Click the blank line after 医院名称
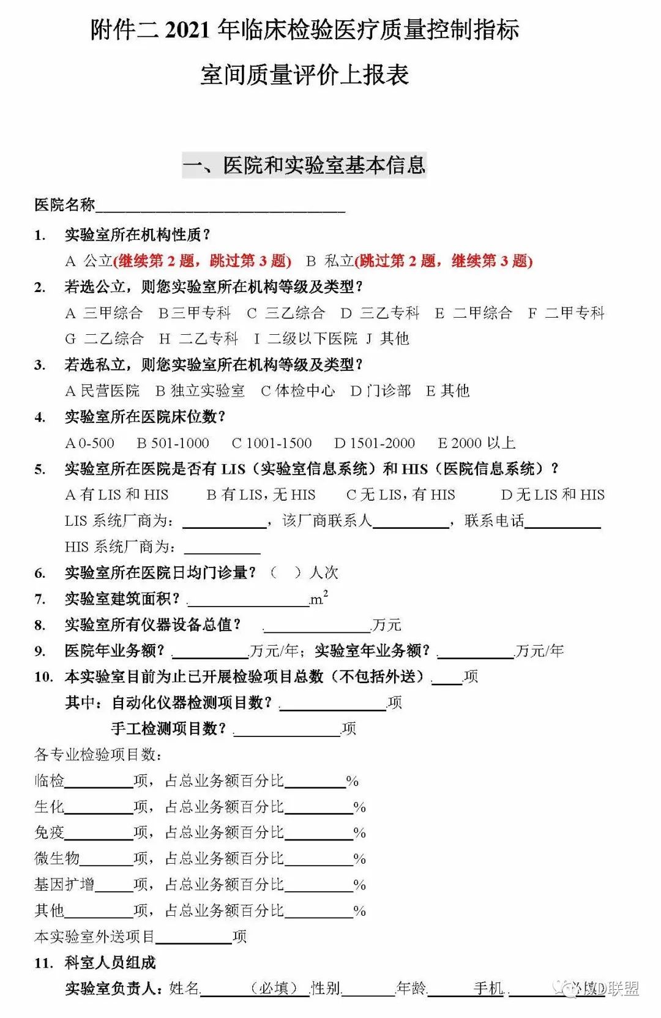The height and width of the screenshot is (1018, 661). [x=220, y=206]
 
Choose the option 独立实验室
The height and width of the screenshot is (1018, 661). [x=200, y=391]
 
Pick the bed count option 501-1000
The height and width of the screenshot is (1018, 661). [x=173, y=443]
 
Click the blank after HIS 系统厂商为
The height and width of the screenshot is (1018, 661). [x=222, y=547]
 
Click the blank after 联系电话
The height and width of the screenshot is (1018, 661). [x=562, y=522]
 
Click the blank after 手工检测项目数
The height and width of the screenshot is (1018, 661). [x=286, y=729]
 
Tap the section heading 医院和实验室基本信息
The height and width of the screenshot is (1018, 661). [x=324, y=165]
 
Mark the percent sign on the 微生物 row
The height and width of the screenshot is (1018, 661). [x=359, y=859]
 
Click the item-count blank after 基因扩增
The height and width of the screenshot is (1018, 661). [x=114, y=885]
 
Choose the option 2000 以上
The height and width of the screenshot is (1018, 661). [x=477, y=443]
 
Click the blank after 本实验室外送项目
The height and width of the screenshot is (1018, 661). [x=193, y=937]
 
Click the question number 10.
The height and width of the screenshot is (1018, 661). [x=43, y=677]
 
